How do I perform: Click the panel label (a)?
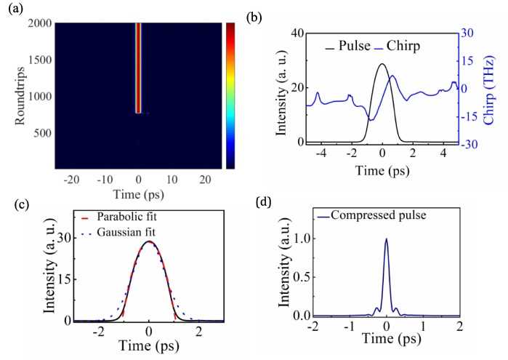[16, 9]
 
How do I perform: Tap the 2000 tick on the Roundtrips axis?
[39, 23]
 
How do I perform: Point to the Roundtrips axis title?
[20, 96]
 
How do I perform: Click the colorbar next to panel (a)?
[230, 96]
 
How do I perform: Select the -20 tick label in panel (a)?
[72, 180]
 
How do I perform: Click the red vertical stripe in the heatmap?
[138, 68]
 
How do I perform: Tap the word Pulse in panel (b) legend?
[355, 46]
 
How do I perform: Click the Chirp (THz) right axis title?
[488, 90]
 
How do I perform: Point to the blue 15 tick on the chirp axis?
[467, 60]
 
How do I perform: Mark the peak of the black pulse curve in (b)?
[382, 64]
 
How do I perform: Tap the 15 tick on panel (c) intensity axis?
[65, 279]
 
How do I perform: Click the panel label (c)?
[22, 204]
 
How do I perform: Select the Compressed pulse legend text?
[379, 215]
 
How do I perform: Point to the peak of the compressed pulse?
[386, 239]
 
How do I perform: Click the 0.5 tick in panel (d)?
[301, 277]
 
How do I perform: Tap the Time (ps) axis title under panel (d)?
[392, 339]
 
